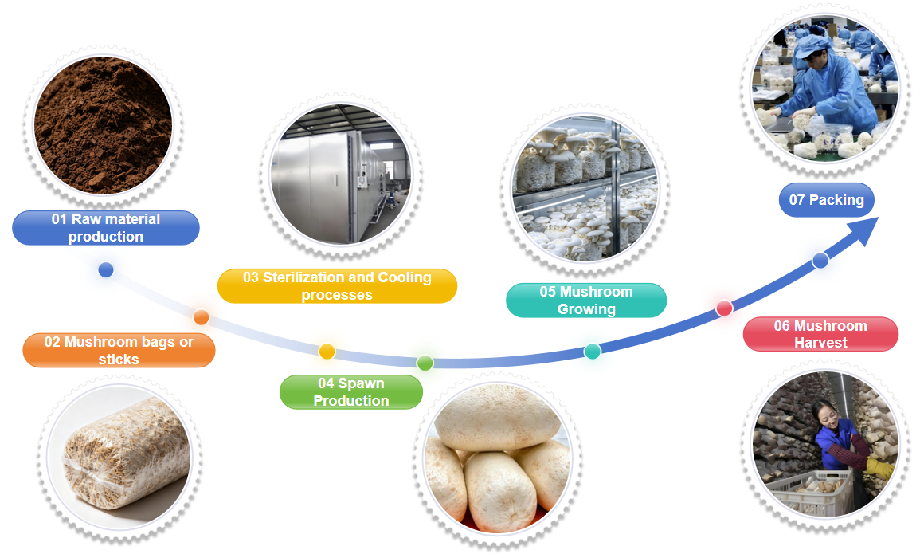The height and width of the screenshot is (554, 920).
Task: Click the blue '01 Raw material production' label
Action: coord(105,227)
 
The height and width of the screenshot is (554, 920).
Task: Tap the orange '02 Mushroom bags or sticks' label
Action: coord(119,350)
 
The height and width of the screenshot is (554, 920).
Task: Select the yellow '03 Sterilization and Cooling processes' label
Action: coord(337,286)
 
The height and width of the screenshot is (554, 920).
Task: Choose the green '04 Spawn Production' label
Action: coord(350,392)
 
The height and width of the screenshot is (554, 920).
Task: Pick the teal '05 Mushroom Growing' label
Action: coord(586,301)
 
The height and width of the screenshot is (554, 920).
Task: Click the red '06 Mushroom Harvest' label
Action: coord(820,334)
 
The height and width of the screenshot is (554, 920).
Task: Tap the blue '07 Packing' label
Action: coord(826,200)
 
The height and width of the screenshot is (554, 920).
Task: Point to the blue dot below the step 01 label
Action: coord(106,270)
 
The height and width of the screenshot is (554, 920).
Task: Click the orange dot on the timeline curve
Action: coord(201,317)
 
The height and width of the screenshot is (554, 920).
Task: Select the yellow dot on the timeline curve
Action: coord(327,352)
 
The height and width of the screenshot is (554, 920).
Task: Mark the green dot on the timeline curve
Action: coord(425,363)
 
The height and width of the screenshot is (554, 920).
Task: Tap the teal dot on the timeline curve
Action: coord(592,352)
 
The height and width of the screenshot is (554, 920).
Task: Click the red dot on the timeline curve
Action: coord(724,308)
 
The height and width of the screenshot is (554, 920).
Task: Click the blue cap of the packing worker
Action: coord(813,42)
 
